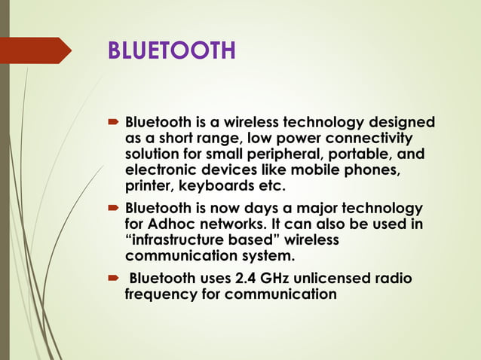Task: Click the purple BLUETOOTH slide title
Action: point(172,50)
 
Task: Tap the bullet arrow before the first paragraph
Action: point(113,122)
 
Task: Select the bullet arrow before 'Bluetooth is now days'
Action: point(113,208)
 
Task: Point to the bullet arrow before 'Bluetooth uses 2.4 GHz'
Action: point(113,279)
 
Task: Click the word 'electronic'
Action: point(161,170)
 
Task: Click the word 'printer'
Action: point(149,186)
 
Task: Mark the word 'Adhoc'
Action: point(175,224)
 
